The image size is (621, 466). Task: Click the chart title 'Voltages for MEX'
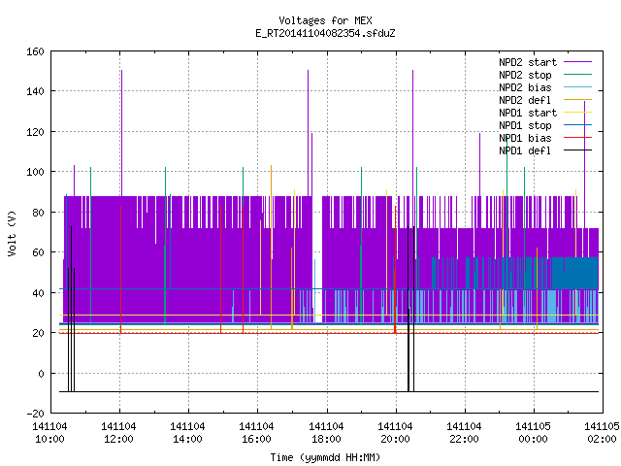coord(325,20)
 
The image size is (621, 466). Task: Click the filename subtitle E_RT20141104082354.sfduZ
coord(325,33)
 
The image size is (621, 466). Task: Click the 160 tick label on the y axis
coord(35,51)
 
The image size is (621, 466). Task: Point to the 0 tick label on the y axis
coord(41,374)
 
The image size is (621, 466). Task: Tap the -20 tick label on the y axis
coord(35,414)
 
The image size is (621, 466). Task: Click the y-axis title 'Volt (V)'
coord(12,233)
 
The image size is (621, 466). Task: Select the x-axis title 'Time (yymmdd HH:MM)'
coord(325,457)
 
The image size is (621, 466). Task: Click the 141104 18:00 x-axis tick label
coord(326,433)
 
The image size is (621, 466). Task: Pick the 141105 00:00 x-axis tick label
coord(533,433)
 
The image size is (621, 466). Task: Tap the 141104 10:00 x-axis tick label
coord(49,433)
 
